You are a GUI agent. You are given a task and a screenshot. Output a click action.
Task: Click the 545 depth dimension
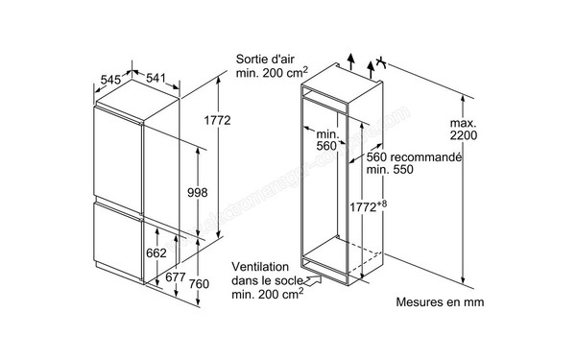tap(110, 80)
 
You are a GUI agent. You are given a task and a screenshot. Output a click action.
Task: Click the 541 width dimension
tap(156, 78)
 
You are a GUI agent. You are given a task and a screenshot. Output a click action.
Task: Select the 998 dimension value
tap(197, 192)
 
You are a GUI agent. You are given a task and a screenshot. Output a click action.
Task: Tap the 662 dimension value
tap(156, 252)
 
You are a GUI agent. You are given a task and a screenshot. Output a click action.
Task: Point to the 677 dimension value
tap(176, 277)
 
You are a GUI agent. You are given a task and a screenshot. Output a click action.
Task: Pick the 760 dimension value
tap(199, 283)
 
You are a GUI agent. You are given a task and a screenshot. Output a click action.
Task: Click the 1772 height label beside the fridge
tap(218, 120)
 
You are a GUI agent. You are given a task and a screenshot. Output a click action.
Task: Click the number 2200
tap(464, 135)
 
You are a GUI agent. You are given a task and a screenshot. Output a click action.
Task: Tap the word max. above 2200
tap(464, 123)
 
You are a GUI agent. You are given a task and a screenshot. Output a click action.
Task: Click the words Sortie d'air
tap(265, 59)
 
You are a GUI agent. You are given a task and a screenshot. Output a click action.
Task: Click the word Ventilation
tap(260, 267)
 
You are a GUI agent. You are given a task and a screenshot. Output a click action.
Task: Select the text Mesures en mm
tap(440, 302)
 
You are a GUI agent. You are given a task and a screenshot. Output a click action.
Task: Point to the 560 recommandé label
tap(414, 156)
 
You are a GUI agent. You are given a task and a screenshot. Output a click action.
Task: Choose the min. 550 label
tap(390, 169)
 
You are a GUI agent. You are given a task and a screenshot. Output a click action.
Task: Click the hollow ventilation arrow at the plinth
tap(313, 281)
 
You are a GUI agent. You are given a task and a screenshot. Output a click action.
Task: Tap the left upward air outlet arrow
tap(351, 61)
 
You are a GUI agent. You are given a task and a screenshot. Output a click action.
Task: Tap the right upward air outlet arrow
tap(371, 70)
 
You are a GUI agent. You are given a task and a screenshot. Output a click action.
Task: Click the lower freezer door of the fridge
tap(117, 241)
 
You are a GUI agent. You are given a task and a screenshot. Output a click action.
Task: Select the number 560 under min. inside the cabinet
tap(326, 146)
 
